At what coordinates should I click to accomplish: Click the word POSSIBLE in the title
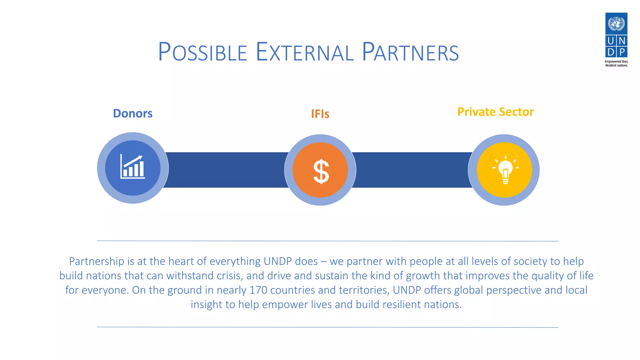[x=202, y=52]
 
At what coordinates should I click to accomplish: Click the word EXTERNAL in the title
[x=305, y=52]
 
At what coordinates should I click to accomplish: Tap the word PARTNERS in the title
[x=410, y=52]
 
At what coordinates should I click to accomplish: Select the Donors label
[x=132, y=113]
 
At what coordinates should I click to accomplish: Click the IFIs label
[x=320, y=114]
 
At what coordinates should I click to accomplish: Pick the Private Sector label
[x=495, y=112]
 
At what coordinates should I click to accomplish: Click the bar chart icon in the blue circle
[x=133, y=167]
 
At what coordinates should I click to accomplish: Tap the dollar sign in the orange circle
[x=321, y=171]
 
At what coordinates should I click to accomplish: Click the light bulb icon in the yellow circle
[x=505, y=171]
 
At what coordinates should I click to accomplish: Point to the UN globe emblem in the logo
[x=616, y=23]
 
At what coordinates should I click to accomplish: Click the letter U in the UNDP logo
[x=611, y=41]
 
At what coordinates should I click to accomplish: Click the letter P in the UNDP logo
[x=622, y=52]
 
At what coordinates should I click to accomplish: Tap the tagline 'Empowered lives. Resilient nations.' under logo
[x=616, y=63]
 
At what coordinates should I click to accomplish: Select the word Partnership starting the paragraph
[x=97, y=261]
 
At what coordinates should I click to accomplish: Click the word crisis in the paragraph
[x=229, y=276]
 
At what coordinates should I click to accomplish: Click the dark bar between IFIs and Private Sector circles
[x=412, y=170]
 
